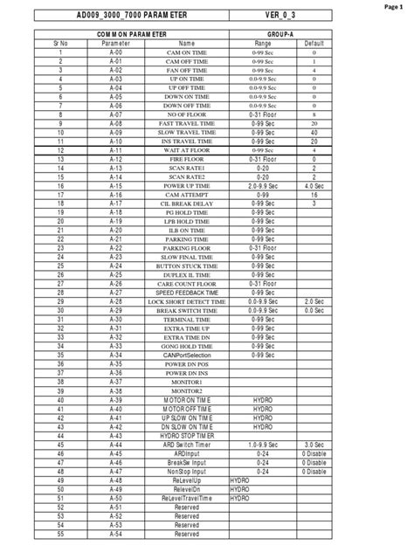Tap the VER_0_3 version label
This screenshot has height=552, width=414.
tap(284, 17)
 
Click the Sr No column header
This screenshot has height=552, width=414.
tap(61, 43)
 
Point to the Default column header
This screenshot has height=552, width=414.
tap(314, 43)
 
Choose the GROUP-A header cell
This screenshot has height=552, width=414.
tap(284, 33)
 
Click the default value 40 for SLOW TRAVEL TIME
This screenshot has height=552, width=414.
tap(314, 132)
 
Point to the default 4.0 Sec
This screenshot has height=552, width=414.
tap(314, 186)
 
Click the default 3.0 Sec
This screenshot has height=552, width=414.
tap(314, 444)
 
